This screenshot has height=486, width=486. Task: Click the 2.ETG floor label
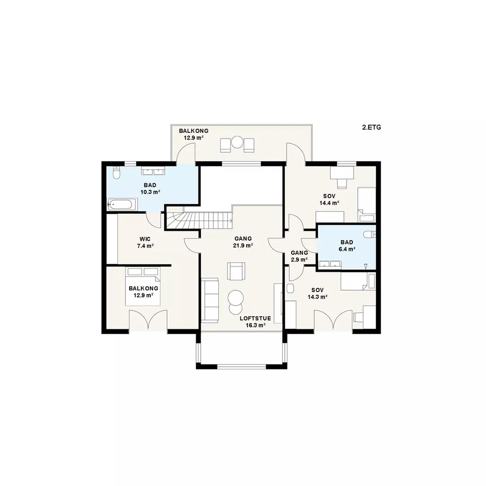click(371, 127)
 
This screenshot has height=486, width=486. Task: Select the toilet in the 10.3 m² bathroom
click(116, 173)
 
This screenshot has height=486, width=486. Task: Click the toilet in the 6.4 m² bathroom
click(369, 234)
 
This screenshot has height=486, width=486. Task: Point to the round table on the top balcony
click(238, 142)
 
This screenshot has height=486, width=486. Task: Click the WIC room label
click(145, 239)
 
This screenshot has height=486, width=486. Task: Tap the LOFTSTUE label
click(256, 318)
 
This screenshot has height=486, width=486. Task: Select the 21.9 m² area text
click(243, 246)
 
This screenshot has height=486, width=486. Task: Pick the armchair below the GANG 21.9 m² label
click(236, 271)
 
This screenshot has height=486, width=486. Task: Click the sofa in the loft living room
click(210, 300)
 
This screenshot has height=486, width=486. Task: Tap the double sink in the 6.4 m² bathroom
click(330, 264)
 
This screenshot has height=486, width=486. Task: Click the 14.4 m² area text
click(329, 203)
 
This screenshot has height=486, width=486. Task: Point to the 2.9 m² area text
click(299, 260)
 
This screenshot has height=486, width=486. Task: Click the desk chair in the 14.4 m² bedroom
click(342, 183)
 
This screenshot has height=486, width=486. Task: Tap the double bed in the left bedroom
click(143, 287)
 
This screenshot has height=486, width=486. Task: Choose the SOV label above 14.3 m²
click(318, 290)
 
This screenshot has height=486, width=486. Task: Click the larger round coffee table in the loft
click(236, 297)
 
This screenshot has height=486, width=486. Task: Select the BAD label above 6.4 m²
click(347, 243)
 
